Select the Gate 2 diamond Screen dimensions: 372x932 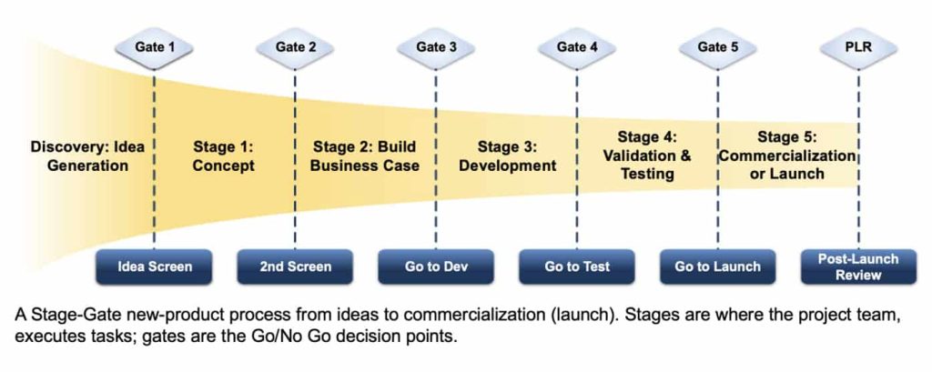296,47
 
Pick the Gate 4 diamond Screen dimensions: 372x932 577,47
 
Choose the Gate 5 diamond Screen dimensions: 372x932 718,47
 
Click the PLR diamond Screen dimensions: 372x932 858,47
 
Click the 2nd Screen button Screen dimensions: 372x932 296,266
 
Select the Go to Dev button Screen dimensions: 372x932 437,266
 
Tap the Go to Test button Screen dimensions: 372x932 577,266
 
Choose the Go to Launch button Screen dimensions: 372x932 718,266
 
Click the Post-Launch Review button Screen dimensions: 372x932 858,266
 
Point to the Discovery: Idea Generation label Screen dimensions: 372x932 87,156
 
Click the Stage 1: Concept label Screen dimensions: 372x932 224,156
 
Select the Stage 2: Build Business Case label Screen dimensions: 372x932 365,156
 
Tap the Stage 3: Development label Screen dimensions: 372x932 507,156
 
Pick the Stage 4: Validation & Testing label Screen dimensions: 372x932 647,156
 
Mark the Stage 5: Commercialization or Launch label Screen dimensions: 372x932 787,156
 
